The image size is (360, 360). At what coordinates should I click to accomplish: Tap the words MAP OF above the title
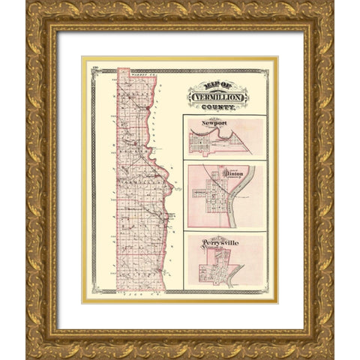[217, 84]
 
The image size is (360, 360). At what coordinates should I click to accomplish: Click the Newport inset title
[214, 122]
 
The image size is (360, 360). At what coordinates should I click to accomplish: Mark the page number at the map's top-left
[95, 70]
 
